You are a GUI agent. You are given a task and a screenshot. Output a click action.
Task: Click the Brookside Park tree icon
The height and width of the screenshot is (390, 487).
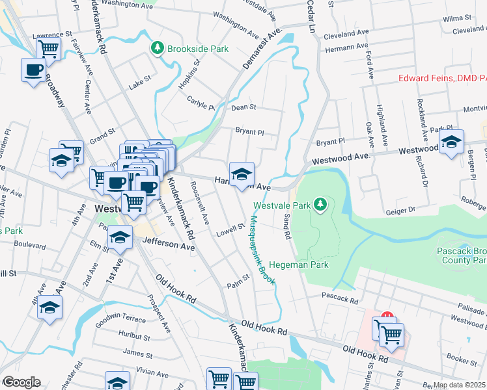[x=157, y=48]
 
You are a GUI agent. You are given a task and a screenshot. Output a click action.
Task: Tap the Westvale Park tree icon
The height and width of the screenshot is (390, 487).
[x=320, y=205]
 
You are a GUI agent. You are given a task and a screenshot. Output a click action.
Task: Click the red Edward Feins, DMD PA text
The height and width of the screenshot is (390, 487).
[x=442, y=79]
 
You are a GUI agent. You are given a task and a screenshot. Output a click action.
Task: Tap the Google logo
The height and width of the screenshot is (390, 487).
[x=21, y=382]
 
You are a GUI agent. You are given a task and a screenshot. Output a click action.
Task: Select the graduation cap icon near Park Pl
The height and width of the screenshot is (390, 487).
[x=451, y=143]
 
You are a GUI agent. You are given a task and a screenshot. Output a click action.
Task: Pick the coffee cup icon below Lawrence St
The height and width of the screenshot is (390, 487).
[x=33, y=70]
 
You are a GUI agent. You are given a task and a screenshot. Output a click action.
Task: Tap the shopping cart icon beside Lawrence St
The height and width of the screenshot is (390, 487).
[x=48, y=48]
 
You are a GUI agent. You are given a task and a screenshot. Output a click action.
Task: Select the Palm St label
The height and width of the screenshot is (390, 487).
[x=238, y=278]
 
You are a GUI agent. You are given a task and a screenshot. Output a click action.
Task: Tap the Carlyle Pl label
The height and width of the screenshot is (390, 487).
[x=201, y=105]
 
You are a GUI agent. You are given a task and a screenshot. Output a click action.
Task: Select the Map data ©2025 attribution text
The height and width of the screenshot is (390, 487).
[x=459, y=385]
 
